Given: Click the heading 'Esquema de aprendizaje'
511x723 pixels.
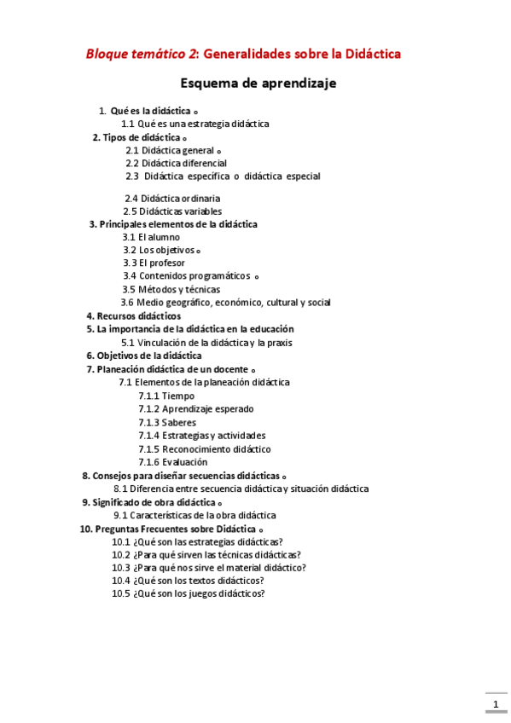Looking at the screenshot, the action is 258,84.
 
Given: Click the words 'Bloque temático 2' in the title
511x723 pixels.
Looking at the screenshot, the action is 142,54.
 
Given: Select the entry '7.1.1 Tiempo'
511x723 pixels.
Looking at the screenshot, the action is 166,396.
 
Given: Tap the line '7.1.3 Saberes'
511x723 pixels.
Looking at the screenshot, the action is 167,422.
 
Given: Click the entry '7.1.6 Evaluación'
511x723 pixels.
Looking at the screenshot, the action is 172,462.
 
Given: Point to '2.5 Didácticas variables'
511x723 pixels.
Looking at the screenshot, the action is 172,211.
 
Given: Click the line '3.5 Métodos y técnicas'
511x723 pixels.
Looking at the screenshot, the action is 171,289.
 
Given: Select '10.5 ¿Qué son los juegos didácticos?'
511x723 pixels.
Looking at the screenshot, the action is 189,594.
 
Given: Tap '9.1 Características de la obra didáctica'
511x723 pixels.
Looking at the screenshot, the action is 195,515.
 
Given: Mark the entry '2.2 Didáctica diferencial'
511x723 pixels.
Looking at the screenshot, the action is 176,163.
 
